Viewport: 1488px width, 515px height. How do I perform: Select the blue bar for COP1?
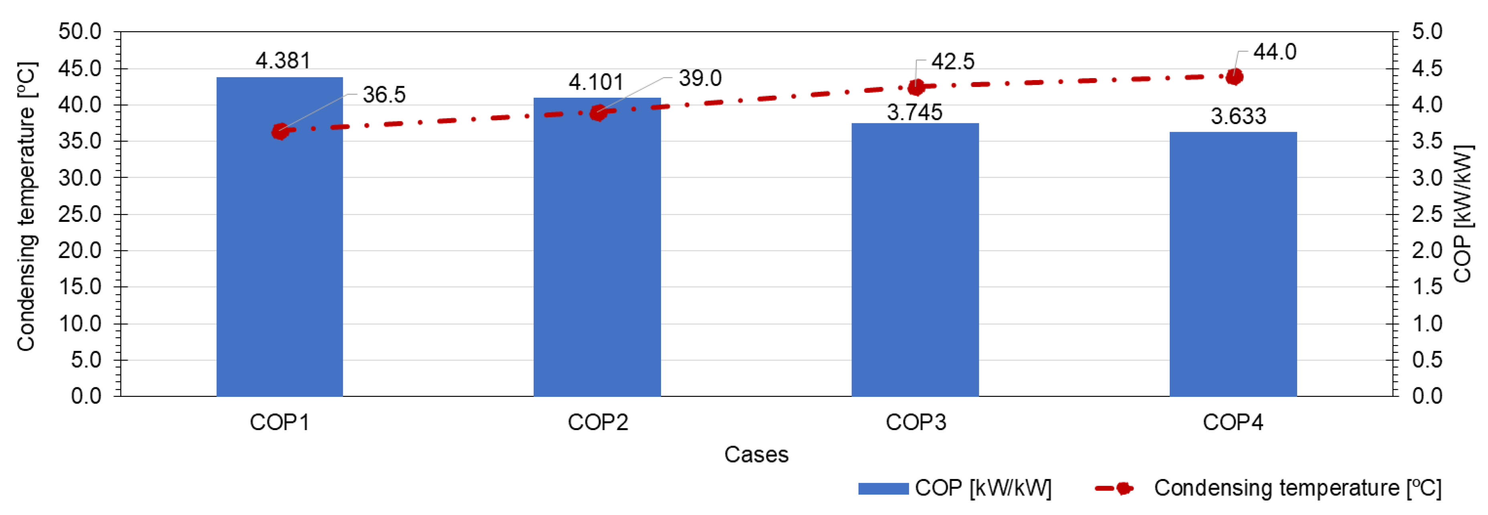pyautogui.click(x=279, y=237)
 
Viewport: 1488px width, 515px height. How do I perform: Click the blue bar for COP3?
pyautogui.click(x=915, y=260)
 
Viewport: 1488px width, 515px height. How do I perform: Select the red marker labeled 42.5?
pyautogui.click(x=916, y=88)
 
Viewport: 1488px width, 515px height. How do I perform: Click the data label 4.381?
pyautogui.click(x=283, y=60)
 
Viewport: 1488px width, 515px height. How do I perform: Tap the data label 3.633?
pyautogui.click(x=1238, y=117)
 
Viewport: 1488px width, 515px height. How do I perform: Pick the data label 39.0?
pyautogui.click(x=700, y=78)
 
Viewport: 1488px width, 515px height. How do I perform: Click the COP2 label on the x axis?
pyautogui.click(x=598, y=422)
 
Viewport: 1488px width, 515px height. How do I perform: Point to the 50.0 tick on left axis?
pyautogui.click(x=80, y=32)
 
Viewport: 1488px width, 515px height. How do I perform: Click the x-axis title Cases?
pyautogui.click(x=756, y=455)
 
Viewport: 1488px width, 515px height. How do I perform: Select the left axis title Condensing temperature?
pyautogui.click(x=26, y=207)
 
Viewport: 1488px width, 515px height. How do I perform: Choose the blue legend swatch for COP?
pyautogui.click(x=883, y=489)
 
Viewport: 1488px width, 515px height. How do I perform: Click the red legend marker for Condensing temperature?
pyautogui.click(x=1122, y=489)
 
